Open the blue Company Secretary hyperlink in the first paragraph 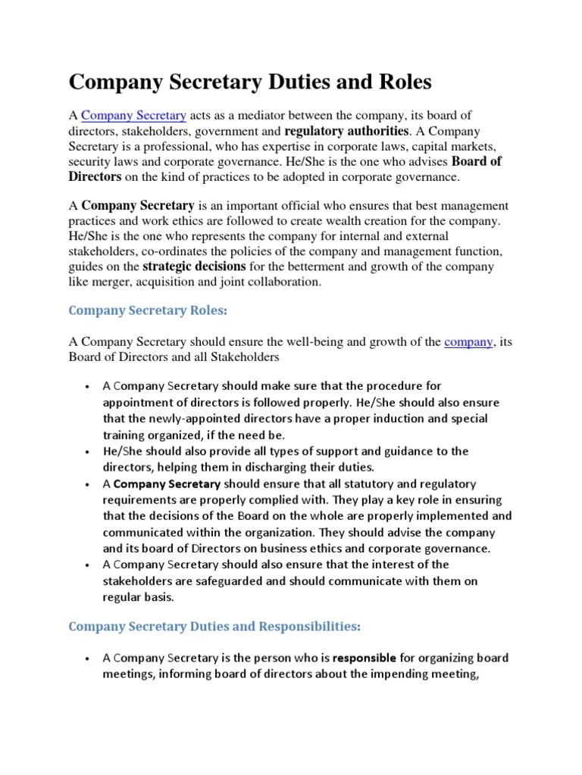133,116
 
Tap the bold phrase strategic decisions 194,266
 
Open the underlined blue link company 469,342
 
